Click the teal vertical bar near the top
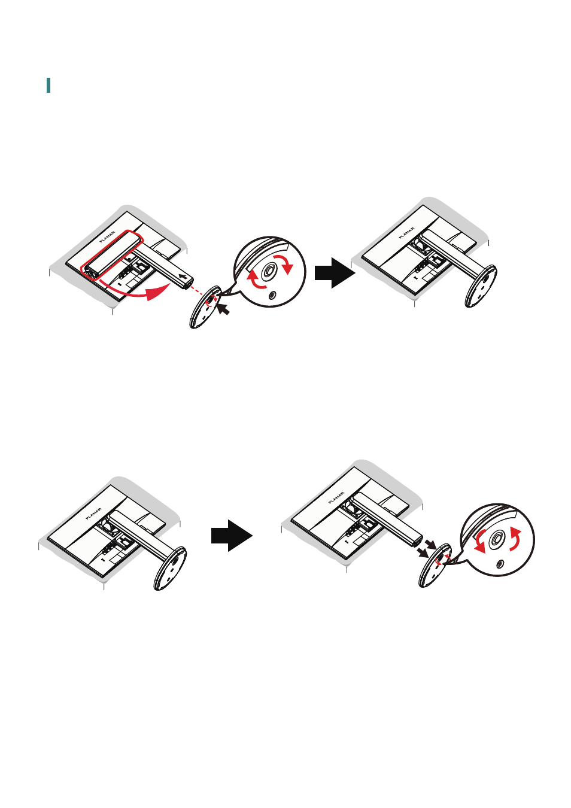(48, 85)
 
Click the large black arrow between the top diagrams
(335, 273)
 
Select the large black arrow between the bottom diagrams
(232, 536)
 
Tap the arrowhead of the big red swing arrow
(159, 292)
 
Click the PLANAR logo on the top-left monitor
(107, 236)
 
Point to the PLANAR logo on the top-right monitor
(406, 233)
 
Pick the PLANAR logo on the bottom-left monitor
(94, 514)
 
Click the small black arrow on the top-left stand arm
(183, 277)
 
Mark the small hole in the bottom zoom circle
(500, 563)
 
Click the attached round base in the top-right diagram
(481, 285)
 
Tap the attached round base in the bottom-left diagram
(170, 569)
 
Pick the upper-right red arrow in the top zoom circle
(284, 263)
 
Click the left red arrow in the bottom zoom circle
(481, 541)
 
